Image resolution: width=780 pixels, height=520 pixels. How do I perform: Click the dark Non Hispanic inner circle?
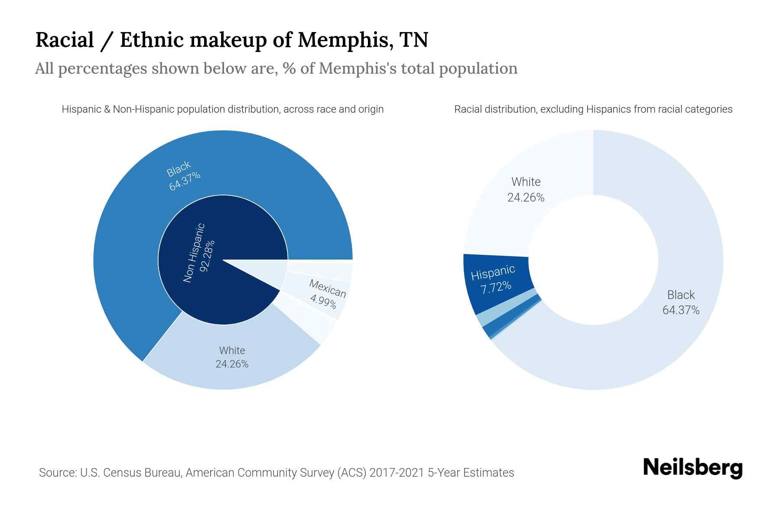pyautogui.click(x=204, y=260)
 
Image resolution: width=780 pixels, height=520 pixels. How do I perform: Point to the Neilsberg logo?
pyautogui.click(x=693, y=468)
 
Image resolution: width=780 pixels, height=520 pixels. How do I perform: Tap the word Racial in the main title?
pyautogui.click(x=65, y=40)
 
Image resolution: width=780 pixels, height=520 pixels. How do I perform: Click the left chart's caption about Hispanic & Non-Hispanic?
pyautogui.click(x=223, y=109)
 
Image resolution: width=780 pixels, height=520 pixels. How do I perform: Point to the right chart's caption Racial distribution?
pyautogui.click(x=593, y=109)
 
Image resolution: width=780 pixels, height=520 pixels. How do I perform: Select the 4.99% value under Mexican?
pyautogui.click(x=323, y=300)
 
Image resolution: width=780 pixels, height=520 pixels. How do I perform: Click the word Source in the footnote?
pyautogui.click(x=57, y=472)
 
